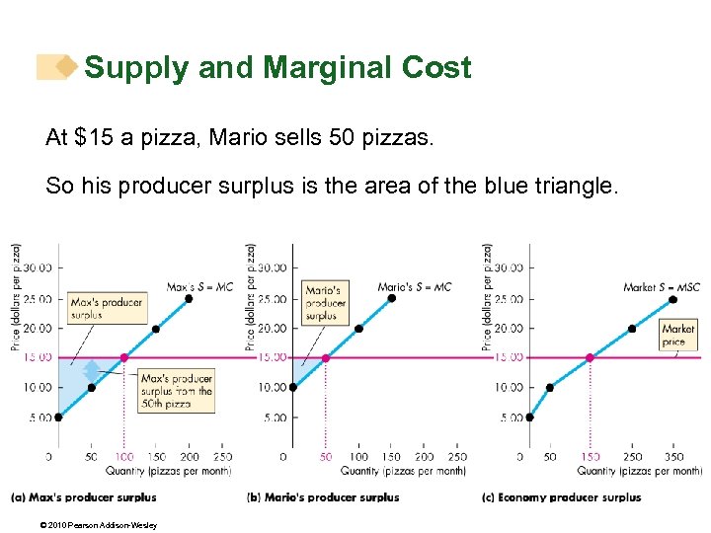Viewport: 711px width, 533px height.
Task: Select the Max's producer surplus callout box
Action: pos(107,307)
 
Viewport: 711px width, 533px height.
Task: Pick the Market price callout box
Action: pos(678,335)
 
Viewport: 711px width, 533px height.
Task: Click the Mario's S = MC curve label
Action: pos(414,287)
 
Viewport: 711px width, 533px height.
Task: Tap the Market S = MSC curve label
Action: pos(661,287)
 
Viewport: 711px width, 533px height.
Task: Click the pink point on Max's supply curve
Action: pos(123,357)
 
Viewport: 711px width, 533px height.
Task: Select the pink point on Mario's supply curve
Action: pos(326,357)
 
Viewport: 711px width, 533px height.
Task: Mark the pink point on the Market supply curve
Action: pos(591,357)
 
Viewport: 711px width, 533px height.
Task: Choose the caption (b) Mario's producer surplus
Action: pos(323,497)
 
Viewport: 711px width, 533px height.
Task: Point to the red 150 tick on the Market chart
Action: pos(591,457)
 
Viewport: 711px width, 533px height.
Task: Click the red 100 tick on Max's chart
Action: pos(123,457)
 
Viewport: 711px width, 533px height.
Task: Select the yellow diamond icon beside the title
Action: pos(65,67)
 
